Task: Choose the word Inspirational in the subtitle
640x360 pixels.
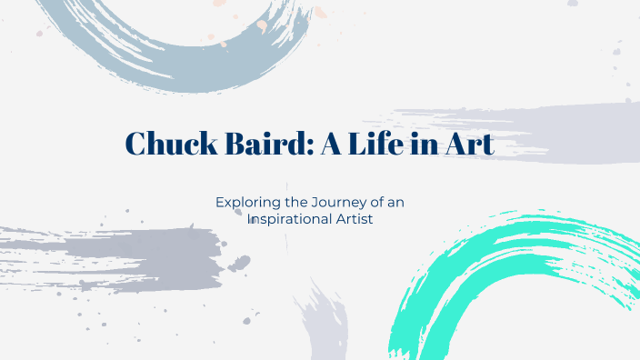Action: pos(294,219)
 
